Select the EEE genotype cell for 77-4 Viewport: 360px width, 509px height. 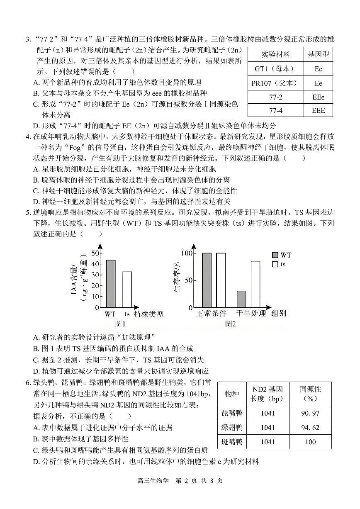pos(318,111)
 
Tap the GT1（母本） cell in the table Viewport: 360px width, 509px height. pos(275,69)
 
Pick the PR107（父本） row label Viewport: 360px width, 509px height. pos(275,83)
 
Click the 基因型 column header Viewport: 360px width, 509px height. pos(318,54)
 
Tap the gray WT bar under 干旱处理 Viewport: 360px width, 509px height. pos(241,299)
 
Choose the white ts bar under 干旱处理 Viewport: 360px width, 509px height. pos(255,284)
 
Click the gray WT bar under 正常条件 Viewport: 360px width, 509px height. pos(207,280)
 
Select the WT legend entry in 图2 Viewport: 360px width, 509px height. pos(282,255)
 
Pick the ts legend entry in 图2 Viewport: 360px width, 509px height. pos(280,264)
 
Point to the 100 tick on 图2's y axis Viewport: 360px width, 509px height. pos(187,253)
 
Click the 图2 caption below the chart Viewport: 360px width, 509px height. pos(230,324)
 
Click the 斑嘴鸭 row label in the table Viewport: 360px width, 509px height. pos(232,442)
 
